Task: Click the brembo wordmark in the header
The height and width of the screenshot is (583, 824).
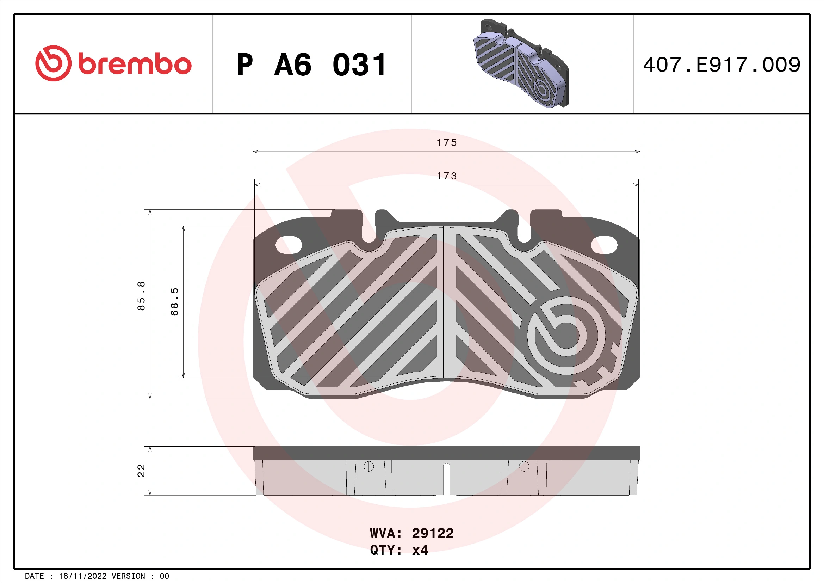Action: [135, 65]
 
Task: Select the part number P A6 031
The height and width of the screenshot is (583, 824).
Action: [311, 65]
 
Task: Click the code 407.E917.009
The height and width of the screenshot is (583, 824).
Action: [721, 65]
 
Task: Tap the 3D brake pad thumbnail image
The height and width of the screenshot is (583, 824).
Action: [521, 64]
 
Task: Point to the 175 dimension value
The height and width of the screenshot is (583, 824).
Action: [446, 143]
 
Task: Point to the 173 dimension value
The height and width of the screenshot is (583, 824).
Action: [446, 176]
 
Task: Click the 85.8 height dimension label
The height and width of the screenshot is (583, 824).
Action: [141, 296]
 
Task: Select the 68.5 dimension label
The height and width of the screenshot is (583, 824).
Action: [174, 302]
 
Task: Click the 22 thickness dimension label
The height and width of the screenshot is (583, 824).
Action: [141, 471]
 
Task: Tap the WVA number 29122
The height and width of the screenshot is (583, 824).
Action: [433, 533]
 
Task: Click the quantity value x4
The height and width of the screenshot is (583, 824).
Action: [420, 550]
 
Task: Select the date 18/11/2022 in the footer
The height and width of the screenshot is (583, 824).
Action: [82, 576]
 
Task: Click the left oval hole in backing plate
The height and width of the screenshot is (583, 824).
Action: [288, 245]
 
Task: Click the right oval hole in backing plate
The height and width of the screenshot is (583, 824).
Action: [604, 245]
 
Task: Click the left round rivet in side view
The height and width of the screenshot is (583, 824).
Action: [368, 466]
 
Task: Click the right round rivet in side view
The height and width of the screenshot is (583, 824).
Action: [524, 466]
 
